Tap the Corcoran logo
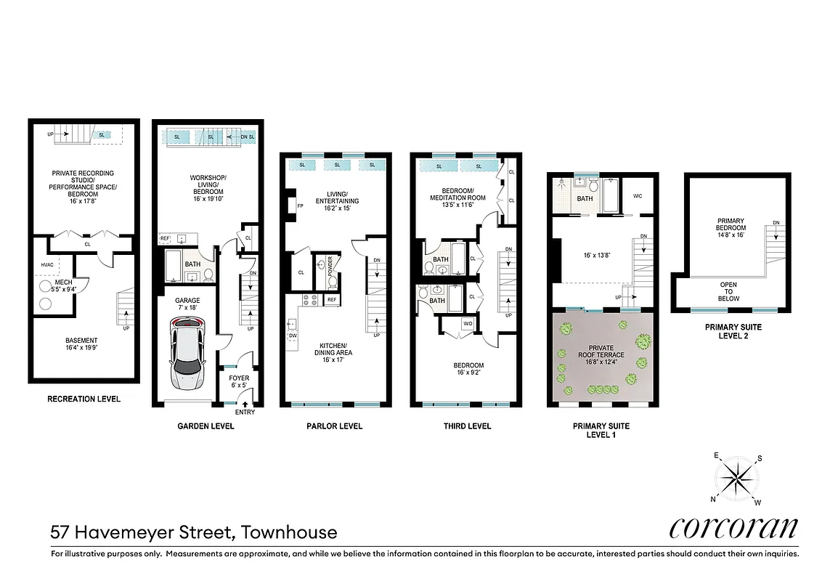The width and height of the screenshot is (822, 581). (733, 528)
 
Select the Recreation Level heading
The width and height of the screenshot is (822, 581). (84, 399)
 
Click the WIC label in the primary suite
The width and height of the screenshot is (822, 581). (638, 195)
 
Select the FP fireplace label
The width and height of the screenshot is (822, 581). (299, 206)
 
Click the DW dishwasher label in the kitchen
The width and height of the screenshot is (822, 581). (293, 336)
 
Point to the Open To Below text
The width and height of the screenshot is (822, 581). (728, 292)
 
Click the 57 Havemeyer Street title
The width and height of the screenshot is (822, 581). (194, 532)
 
